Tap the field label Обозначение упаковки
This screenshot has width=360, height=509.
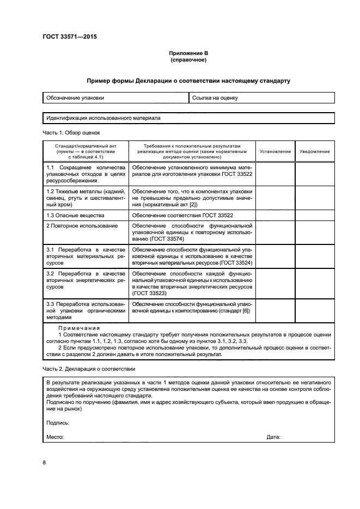pyautogui.click(x=75, y=98)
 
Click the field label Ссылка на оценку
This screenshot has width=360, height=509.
pyautogui.click(x=215, y=98)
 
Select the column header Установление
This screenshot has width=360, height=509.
pyautogui.click(x=275, y=151)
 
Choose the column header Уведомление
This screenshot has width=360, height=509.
pyautogui.click(x=314, y=151)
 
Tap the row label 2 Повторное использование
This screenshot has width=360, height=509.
pyautogui.click(x=74, y=225)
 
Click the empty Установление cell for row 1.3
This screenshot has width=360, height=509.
pyautogui.click(x=275, y=216)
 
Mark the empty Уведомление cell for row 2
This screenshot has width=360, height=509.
pyautogui.click(x=314, y=232)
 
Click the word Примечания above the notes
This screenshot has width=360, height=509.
pyautogui.click(x=79, y=328)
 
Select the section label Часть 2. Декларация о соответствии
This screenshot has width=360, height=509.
pyautogui.click(x=89, y=369)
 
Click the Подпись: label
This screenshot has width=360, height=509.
pyautogui.click(x=58, y=422)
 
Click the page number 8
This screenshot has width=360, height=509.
pyautogui.click(x=44, y=463)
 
